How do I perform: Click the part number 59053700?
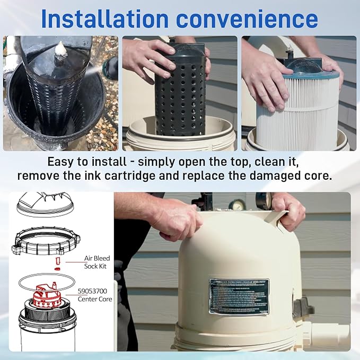click(95, 291)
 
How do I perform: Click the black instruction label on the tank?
click(239, 295)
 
